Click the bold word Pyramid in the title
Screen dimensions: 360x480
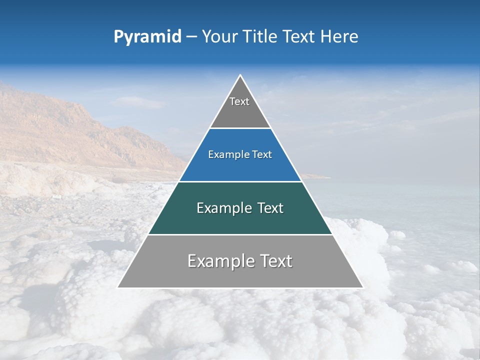pos(147,37)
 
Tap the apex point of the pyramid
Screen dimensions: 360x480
pos(240,75)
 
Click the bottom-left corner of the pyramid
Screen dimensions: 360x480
pos(118,287)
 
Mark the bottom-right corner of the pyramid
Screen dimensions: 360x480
pos(362,287)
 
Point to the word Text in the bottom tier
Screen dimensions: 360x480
pos(275,261)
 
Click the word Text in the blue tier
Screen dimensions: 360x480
pos(262,154)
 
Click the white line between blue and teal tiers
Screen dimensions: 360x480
pos(240,181)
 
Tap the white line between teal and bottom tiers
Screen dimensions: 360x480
pos(240,234)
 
